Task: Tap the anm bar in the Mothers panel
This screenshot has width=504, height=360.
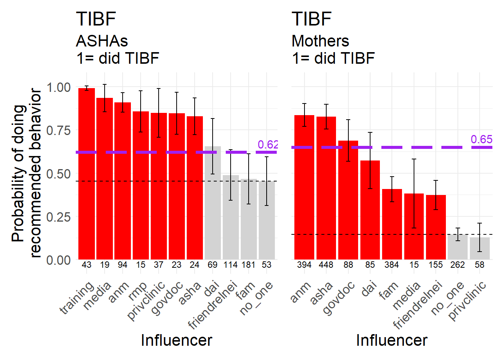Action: (x=304, y=187)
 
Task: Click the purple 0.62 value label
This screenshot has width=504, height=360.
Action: (x=268, y=145)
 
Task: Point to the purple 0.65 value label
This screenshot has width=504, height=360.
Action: (x=481, y=139)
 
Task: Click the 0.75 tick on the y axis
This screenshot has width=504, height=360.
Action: (x=58, y=130)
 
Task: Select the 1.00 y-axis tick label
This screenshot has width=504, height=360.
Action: (x=58, y=87)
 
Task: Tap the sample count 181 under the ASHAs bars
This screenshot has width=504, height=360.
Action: (x=248, y=265)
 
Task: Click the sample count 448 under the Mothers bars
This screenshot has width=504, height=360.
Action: (x=326, y=265)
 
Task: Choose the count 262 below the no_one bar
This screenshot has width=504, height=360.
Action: (x=457, y=265)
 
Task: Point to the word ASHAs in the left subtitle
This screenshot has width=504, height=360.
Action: (x=102, y=41)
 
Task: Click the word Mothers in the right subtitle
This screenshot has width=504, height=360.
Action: (x=320, y=41)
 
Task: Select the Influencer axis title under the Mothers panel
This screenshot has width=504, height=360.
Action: (x=391, y=340)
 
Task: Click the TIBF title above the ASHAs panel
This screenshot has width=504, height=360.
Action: (x=96, y=19)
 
